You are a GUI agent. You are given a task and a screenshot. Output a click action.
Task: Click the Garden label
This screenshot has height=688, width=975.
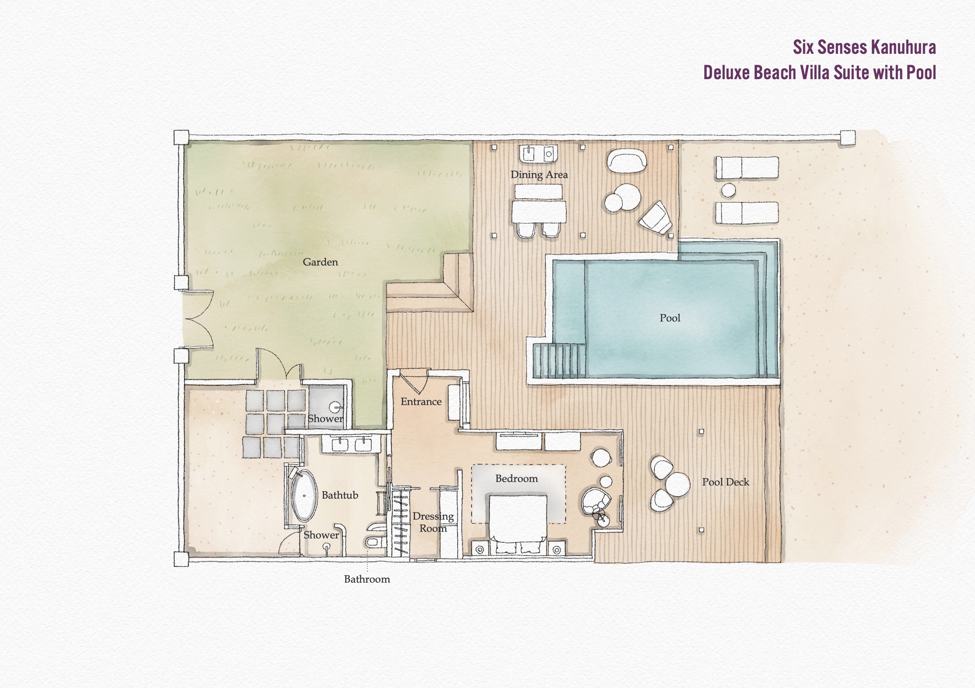click(320, 262)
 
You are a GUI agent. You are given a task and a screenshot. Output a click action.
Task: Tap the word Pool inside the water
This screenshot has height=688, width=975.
click(670, 318)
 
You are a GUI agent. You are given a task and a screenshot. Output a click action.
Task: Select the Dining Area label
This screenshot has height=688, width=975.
click(539, 175)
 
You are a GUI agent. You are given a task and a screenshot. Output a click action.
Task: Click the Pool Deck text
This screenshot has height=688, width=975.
click(725, 482)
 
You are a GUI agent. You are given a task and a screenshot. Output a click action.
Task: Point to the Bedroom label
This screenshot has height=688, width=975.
click(517, 478)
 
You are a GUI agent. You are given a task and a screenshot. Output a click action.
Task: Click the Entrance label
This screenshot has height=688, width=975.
click(421, 402)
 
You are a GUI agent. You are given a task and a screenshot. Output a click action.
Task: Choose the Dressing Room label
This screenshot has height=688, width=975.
click(433, 522)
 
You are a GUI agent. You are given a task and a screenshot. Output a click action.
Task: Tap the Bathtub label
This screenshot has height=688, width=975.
click(340, 495)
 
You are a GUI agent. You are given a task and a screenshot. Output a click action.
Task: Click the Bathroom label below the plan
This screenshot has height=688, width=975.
click(367, 579)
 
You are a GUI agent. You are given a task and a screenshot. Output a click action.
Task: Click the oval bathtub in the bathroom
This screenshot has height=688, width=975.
click(304, 496)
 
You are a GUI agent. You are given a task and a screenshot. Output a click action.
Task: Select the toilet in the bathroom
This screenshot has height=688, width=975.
click(374, 542)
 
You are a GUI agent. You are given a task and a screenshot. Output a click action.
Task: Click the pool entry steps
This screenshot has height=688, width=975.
click(559, 360)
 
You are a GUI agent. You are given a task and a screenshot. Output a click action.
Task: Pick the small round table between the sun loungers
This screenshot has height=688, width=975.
click(728, 190)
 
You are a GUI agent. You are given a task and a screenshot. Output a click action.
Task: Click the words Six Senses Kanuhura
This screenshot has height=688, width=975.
click(864, 47)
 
